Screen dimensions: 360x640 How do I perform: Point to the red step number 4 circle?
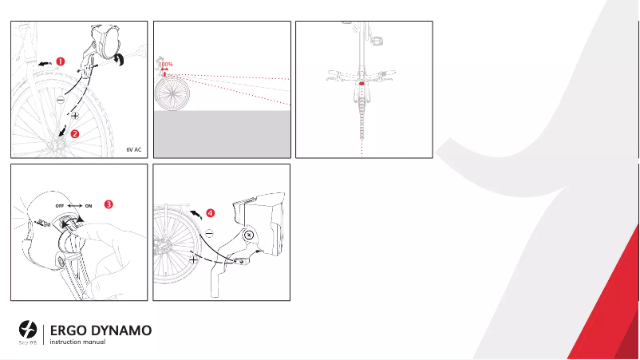tap(210, 213)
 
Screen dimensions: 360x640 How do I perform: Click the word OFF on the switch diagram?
tap(60, 205)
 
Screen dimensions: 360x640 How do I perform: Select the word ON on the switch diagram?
tap(89, 205)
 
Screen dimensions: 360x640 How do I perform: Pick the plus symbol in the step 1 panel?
tap(74, 117)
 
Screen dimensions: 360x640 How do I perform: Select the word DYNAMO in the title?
tap(121, 330)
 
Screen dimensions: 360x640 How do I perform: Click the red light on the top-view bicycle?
tap(362, 82)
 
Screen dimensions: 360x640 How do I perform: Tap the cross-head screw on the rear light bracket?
tap(249, 235)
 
